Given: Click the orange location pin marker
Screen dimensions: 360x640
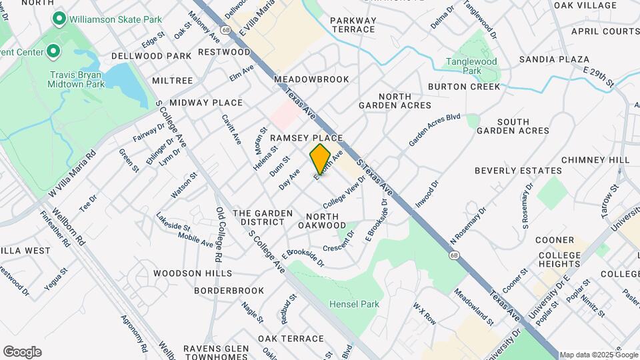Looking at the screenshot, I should coord(320,159).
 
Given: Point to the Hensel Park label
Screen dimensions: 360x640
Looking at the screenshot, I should coord(354,305).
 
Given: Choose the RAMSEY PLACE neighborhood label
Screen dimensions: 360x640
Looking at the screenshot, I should coord(306,137).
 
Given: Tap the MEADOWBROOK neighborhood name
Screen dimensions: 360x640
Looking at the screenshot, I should coord(311,79).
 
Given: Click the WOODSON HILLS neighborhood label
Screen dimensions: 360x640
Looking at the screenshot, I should coord(192,273).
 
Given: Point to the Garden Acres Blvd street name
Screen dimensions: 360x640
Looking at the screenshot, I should coord(435,129).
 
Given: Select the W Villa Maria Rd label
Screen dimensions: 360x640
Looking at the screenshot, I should coord(72,173).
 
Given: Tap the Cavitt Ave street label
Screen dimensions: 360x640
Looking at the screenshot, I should coord(231,129).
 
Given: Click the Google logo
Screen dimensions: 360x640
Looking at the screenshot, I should coord(22,351).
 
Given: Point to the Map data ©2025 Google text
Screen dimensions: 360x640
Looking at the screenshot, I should coord(598,355).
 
